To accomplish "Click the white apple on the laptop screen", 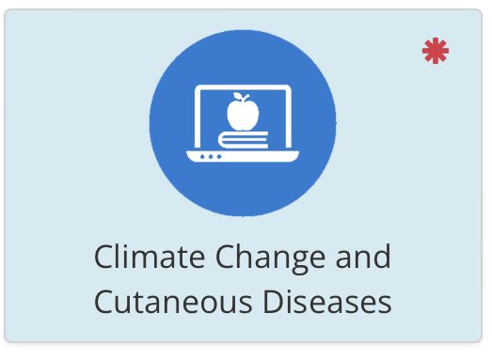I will [x=242, y=115].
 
